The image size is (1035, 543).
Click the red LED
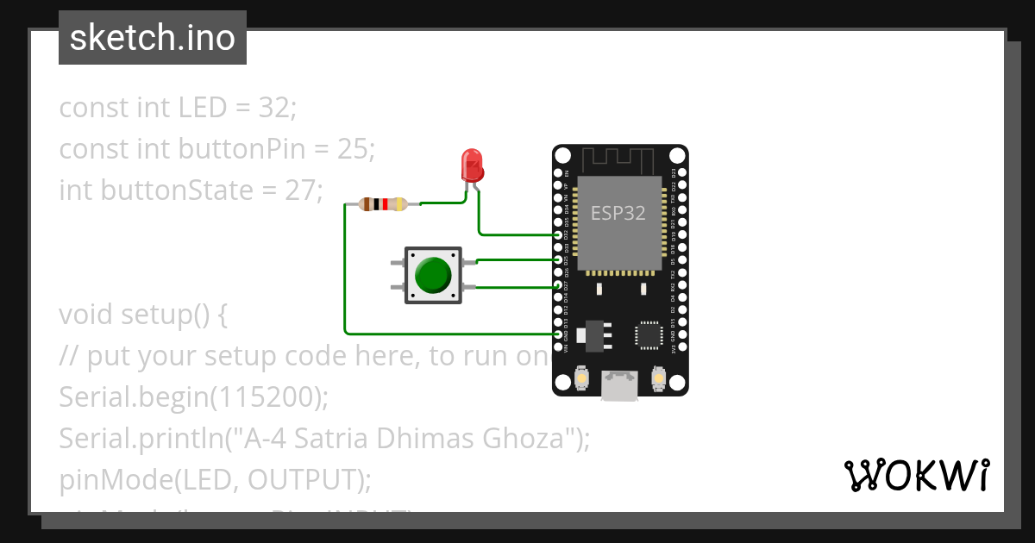click(472, 164)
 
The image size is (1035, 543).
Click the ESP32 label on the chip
click(618, 213)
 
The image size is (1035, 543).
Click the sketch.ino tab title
click(152, 38)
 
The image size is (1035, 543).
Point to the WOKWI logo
click(916, 475)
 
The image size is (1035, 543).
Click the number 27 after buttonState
click(303, 190)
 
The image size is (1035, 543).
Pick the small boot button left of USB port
click(582, 378)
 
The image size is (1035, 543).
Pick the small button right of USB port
click(658, 378)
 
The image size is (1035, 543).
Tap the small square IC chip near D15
click(649, 334)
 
